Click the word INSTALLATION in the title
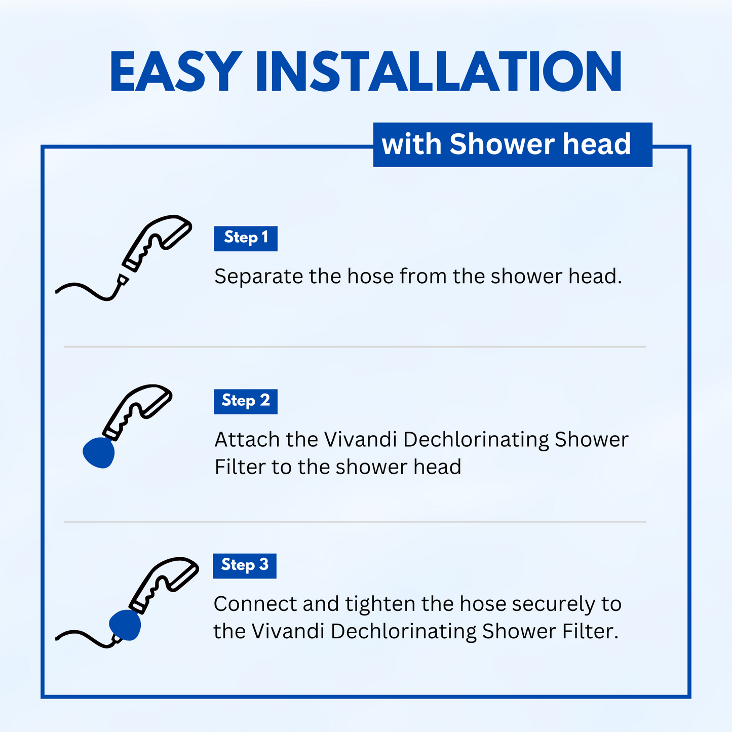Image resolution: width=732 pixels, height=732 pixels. pos(439,71)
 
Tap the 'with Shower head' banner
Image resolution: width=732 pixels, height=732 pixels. pos(513,145)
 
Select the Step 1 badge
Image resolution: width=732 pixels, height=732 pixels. pos(246,239)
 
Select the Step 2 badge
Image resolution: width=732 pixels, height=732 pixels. pos(246,402)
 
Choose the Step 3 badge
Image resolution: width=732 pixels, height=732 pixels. pos(245,566)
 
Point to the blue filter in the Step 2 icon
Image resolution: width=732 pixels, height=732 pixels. pos(99,452)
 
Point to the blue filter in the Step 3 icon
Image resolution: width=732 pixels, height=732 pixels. pos(125,625)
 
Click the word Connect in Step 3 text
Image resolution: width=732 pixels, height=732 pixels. pos(255,604)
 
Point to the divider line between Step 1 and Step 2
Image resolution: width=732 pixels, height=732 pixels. pos(355,347)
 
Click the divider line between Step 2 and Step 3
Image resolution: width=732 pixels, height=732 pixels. pos(355,522)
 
